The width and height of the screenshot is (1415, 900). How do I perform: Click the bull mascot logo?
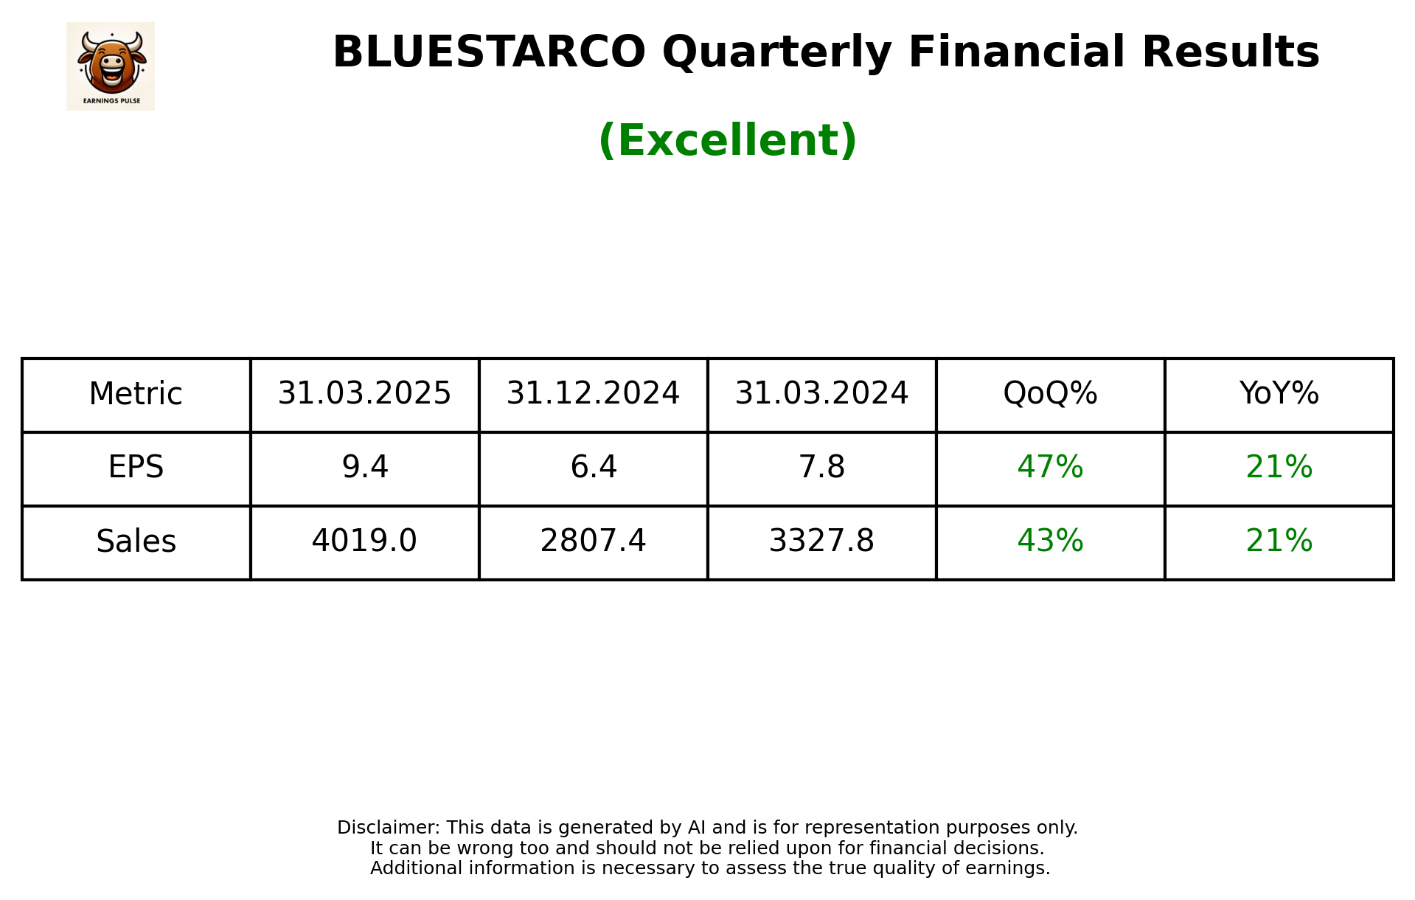pyautogui.click(x=111, y=66)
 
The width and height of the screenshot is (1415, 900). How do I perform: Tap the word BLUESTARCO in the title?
pyautogui.click(x=489, y=52)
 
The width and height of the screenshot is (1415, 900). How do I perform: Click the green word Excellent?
pyautogui.click(x=727, y=140)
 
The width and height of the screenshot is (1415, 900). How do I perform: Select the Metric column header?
pyautogui.click(x=136, y=394)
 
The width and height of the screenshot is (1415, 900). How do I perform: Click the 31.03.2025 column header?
pyautogui.click(x=364, y=394)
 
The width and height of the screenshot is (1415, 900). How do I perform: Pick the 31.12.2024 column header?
pyautogui.click(x=593, y=394)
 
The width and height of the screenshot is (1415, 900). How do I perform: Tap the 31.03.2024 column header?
pyautogui.click(x=821, y=394)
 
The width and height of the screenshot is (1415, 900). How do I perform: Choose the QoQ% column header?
pyautogui.click(x=1050, y=394)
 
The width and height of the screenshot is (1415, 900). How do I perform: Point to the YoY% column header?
pyautogui.click(x=1279, y=394)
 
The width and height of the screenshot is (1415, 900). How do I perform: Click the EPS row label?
pyautogui.click(x=136, y=468)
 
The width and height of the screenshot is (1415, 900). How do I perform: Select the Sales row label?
pyautogui.click(x=136, y=541)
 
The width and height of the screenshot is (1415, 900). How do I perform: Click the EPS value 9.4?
pyautogui.click(x=364, y=468)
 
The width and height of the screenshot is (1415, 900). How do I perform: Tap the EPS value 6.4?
pyautogui.click(x=593, y=468)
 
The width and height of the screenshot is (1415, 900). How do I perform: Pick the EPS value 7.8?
pyautogui.click(x=821, y=468)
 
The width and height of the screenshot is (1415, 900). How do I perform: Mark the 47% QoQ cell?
pyautogui.click(x=1050, y=468)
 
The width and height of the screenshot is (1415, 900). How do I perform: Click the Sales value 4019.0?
pyautogui.click(x=364, y=541)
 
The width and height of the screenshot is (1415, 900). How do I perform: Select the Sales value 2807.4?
pyautogui.click(x=593, y=541)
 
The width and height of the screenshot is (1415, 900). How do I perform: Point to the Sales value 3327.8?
pyautogui.click(x=821, y=541)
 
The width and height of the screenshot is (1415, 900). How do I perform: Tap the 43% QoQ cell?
pyautogui.click(x=1050, y=541)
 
